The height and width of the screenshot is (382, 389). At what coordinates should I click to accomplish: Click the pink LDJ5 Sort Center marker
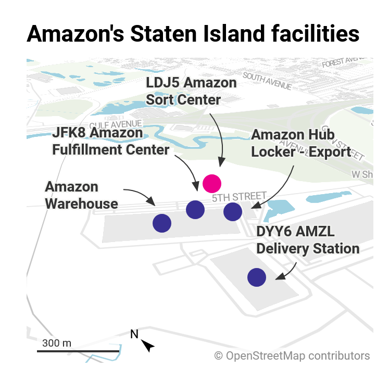pyautogui.click(x=212, y=183)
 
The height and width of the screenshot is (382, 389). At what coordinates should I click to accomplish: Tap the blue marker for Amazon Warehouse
pyautogui.click(x=161, y=223)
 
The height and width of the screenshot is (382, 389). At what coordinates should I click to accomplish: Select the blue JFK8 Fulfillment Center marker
pyautogui.click(x=195, y=209)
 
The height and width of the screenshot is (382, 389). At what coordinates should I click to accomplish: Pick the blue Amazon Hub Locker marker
pyautogui.click(x=232, y=211)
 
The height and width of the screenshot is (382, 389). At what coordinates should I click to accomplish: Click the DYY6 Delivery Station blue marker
pyautogui.click(x=256, y=277)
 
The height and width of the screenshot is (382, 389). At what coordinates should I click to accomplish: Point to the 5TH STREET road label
pyautogui.click(x=235, y=197)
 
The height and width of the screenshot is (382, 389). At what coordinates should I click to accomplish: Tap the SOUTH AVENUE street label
pyautogui.click(x=267, y=81)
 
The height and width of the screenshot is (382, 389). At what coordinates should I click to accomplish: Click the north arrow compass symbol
pyautogui.click(x=148, y=345)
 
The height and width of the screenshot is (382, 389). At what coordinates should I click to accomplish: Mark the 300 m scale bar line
pyautogui.click(x=78, y=351)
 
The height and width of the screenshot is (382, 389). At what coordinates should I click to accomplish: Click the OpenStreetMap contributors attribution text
pyautogui.click(x=292, y=356)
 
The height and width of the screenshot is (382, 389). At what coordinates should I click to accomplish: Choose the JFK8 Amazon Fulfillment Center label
pyautogui.click(x=111, y=141)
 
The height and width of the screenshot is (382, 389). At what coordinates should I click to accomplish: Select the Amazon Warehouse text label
pyautogui.click(x=81, y=195)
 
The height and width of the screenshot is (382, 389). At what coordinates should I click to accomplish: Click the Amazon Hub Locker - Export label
pyautogui.click(x=300, y=143)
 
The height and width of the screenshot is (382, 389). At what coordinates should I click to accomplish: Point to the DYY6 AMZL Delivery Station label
pyautogui.click(x=307, y=240)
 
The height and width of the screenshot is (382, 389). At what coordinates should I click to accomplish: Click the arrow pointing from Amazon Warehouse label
pyautogui.click(x=140, y=195)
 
